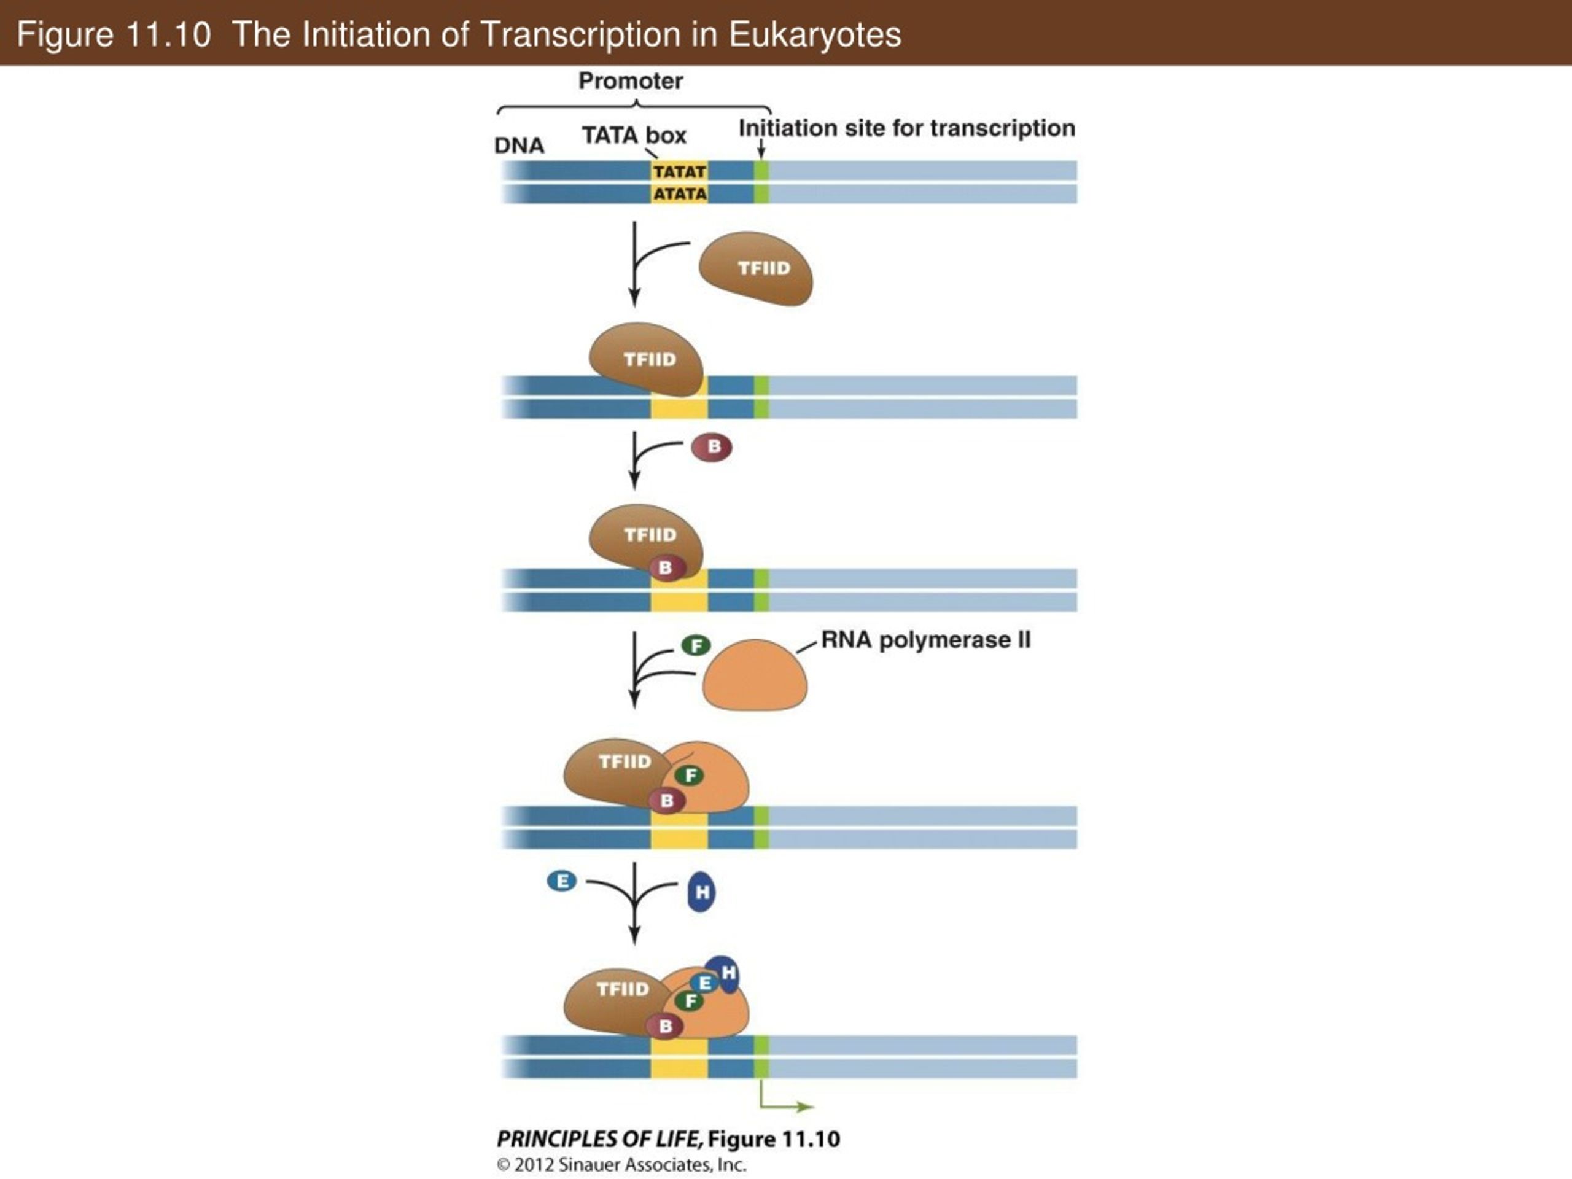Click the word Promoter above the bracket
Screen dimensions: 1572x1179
tap(631, 81)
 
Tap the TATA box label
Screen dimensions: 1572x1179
tap(634, 135)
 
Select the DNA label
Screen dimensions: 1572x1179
tap(519, 146)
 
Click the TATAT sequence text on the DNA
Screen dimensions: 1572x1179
tap(679, 172)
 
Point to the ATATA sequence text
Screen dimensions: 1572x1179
tap(679, 194)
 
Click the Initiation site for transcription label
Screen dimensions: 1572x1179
tap(907, 128)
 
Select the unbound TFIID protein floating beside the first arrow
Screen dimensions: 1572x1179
tap(756, 268)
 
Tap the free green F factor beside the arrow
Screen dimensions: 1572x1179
tap(696, 645)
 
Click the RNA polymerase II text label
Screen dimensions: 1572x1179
tap(925, 640)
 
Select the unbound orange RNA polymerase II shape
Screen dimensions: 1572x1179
tap(755, 675)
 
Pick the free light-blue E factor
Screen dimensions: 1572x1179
tap(561, 882)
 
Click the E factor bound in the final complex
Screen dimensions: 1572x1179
tap(704, 983)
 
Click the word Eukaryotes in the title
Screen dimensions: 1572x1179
tap(814, 34)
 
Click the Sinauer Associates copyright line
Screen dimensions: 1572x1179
tap(621, 1165)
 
